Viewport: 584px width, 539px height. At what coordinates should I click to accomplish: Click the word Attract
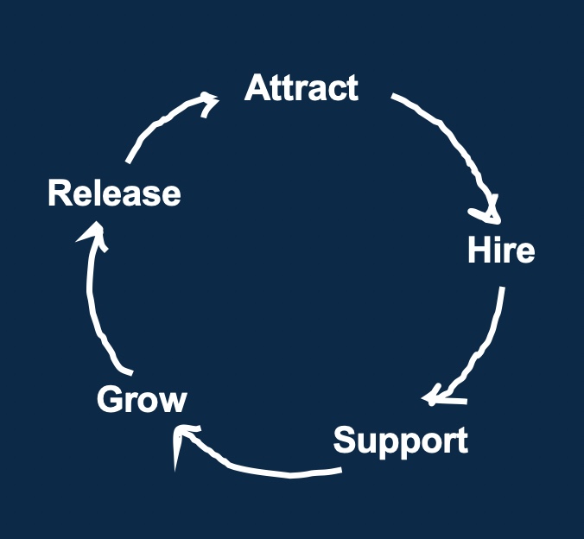301,88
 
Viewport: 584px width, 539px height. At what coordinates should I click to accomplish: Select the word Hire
501,250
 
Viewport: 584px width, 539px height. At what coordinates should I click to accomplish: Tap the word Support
401,441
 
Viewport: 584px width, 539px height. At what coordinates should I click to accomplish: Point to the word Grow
142,400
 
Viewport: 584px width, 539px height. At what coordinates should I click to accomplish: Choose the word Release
114,193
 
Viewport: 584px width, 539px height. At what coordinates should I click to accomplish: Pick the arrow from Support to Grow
259,467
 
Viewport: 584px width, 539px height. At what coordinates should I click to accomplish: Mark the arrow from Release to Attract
160,125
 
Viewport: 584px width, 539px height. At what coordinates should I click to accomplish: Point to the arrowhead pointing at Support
438,396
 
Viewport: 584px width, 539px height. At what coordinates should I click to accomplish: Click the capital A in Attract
257,88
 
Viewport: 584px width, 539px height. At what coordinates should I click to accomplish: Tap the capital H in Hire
478,250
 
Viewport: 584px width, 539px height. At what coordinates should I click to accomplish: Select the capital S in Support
346,441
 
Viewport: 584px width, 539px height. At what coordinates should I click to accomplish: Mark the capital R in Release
59,193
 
